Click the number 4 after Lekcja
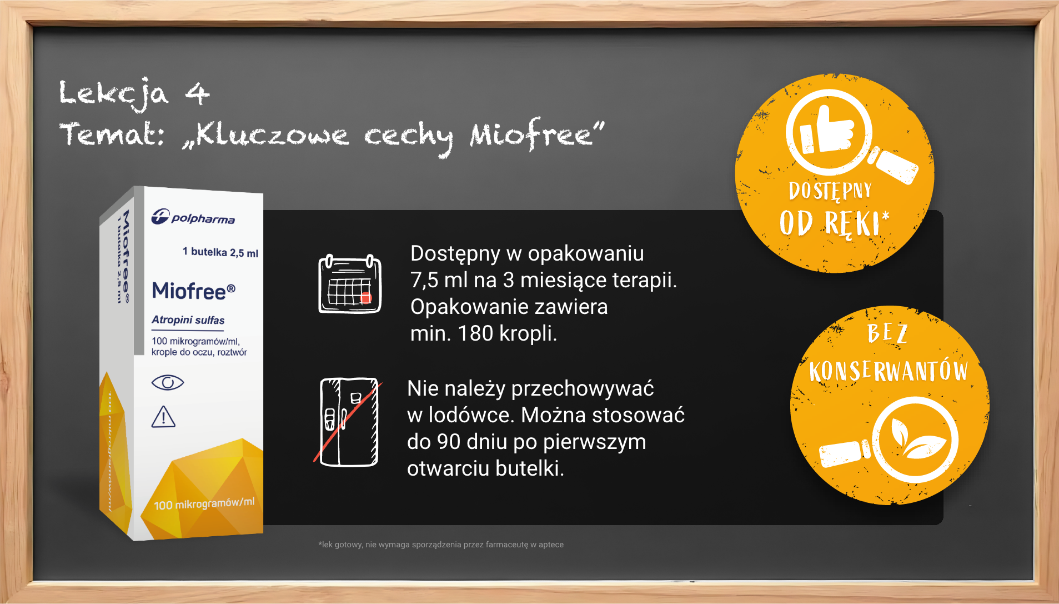(x=197, y=93)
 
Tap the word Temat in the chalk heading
(x=111, y=134)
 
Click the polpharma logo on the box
(x=193, y=217)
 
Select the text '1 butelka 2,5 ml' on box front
(x=220, y=252)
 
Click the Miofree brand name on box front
(x=194, y=291)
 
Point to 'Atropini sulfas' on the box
(x=188, y=320)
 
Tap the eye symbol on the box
(x=167, y=382)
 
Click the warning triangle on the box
(x=163, y=417)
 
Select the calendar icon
(x=350, y=283)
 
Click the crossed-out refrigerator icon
(x=348, y=421)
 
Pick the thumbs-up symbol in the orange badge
(x=827, y=131)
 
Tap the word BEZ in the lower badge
(x=887, y=333)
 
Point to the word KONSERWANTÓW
(x=889, y=371)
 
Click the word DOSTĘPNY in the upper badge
(x=830, y=191)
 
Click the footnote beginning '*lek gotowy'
(x=441, y=545)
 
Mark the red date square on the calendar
(x=365, y=298)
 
